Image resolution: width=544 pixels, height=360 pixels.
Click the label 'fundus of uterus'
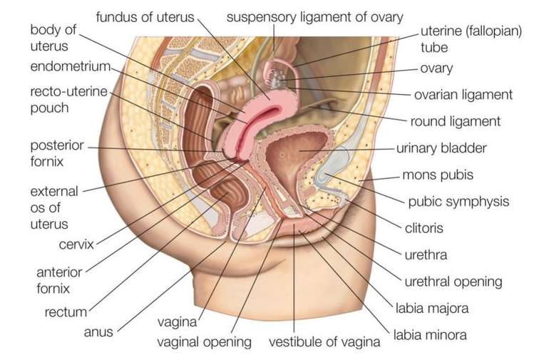145,17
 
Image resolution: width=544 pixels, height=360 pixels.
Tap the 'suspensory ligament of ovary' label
315,17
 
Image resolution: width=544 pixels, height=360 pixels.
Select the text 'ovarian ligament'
463,95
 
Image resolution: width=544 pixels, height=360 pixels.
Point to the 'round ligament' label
455,121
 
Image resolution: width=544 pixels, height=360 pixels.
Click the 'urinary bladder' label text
441,148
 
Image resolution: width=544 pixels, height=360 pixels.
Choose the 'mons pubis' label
438,175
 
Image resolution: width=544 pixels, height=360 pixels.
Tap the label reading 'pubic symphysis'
458,202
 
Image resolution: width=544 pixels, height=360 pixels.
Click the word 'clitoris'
424,228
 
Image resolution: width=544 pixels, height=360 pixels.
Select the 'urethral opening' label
453,282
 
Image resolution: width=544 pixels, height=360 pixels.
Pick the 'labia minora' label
430,335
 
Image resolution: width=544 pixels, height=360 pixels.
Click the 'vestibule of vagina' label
324,342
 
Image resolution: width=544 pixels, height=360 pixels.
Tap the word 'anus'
98,332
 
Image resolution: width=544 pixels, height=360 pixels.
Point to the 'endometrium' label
71,66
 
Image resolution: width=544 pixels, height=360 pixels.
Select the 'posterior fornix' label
57,153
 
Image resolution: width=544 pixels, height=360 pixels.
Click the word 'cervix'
76,245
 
